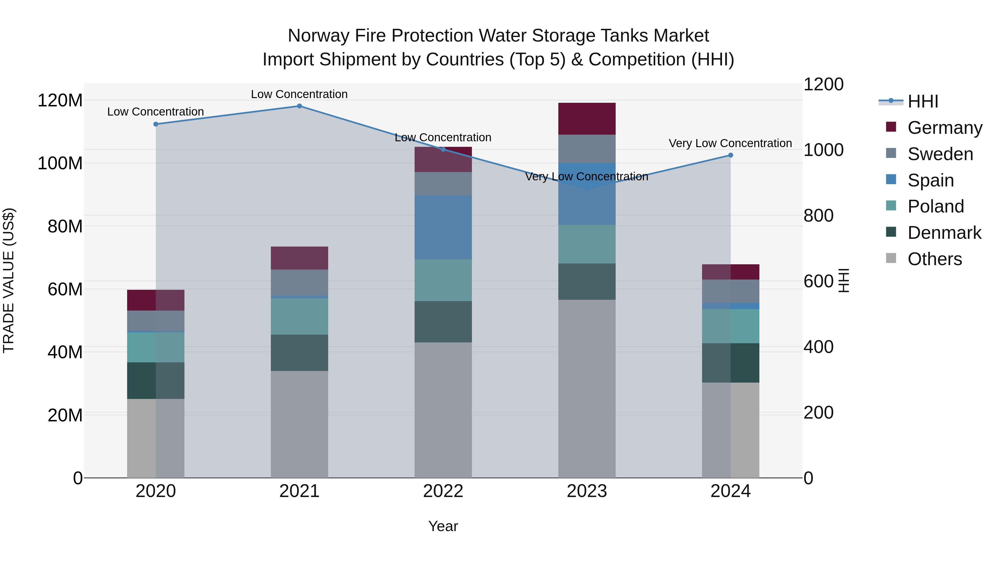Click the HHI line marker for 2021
pyautogui.click(x=299, y=106)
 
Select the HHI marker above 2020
pyautogui.click(x=156, y=124)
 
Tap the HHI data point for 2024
pyautogui.click(x=730, y=155)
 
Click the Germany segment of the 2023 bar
pyautogui.click(x=587, y=119)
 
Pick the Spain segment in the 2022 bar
pyautogui.click(x=443, y=227)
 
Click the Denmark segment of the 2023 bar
pyautogui.click(x=587, y=281)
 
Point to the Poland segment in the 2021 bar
pyautogui.click(x=299, y=316)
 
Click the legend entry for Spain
pyautogui.click(x=931, y=180)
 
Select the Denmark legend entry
pyautogui.click(x=944, y=233)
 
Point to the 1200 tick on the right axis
pyautogui.click(x=823, y=84)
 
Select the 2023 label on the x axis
pyautogui.click(x=587, y=491)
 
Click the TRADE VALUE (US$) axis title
pyautogui.click(x=9, y=280)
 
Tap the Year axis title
pyautogui.click(x=443, y=526)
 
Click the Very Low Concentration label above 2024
pyautogui.click(x=730, y=143)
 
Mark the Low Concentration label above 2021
pyautogui.click(x=299, y=94)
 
